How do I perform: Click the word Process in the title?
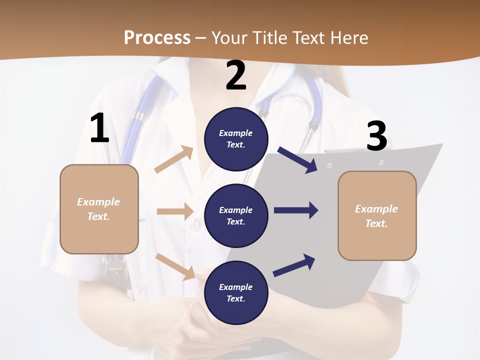coord(157,37)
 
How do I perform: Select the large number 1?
coord(99,128)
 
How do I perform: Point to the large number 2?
coord(236,75)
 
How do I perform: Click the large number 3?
coord(376,136)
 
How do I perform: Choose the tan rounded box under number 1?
coord(99,209)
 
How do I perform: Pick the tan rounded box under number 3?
coord(377,215)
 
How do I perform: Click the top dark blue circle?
coord(236,139)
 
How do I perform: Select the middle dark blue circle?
coord(236,215)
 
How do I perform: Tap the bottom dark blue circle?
coord(236,292)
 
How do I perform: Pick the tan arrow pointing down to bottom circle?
coord(175,266)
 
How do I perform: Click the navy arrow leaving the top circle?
coord(297,160)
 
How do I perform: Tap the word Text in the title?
coord(307,37)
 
